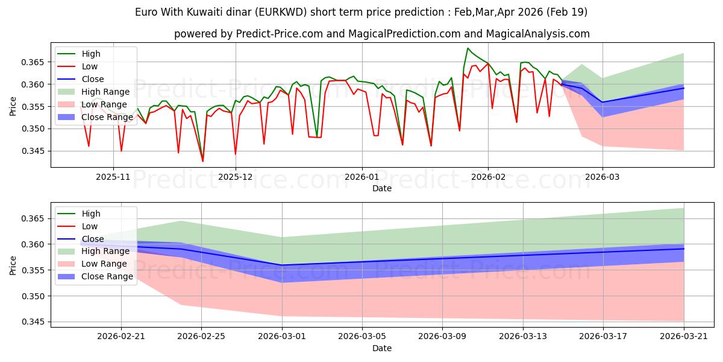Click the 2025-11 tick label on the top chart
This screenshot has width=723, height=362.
pyautogui.click(x=113, y=178)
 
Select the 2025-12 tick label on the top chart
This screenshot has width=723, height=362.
pyautogui.click(x=236, y=178)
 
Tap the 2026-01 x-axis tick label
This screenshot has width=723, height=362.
pyautogui.click(x=361, y=178)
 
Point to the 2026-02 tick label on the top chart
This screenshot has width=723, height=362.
pyautogui.click(x=488, y=178)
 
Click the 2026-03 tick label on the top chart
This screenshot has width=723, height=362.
pyautogui.click(x=602, y=178)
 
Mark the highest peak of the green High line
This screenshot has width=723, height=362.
pyautogui.click(x=468, y=48)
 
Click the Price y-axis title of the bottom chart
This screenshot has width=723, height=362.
pyautogui.click(x=13, y=265)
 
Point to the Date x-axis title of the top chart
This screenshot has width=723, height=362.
pyautogui.click(x=382, y=188)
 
